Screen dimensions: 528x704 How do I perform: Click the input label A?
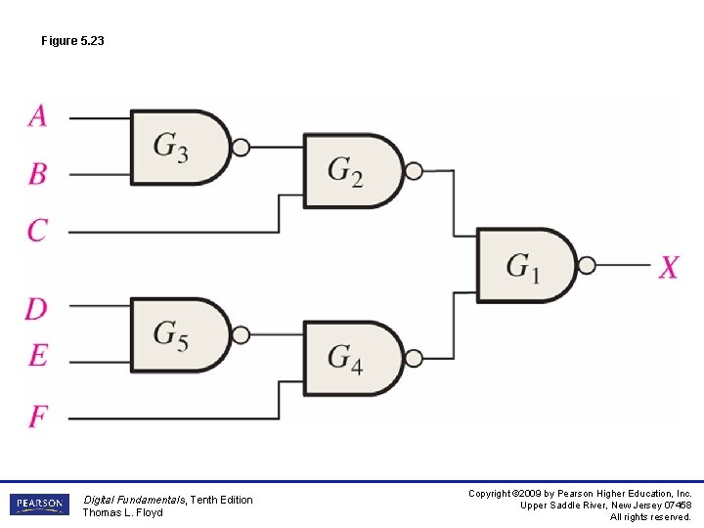(37, 115)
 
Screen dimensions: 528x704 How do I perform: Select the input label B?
(37, 174)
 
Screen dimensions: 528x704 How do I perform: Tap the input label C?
(37, 231)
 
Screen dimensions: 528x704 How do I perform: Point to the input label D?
(36, 309)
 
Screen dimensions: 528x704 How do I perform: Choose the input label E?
(37, 355)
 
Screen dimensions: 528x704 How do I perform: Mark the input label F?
(37, 417)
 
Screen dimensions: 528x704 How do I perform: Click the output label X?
(668, 266)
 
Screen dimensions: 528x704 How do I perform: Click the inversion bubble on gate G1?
(587, 265)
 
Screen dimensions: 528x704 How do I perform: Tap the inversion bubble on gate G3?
(241, 148)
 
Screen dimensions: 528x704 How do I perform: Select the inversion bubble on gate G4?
(414, 358)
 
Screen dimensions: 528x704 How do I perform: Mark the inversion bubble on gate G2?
(414, 171)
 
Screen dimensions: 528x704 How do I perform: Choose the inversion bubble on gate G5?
(241, 334)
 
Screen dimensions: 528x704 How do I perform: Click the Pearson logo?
(40, 505)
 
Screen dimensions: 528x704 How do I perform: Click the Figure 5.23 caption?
(72, 41)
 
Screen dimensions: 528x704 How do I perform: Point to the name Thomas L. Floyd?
(122, 512)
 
